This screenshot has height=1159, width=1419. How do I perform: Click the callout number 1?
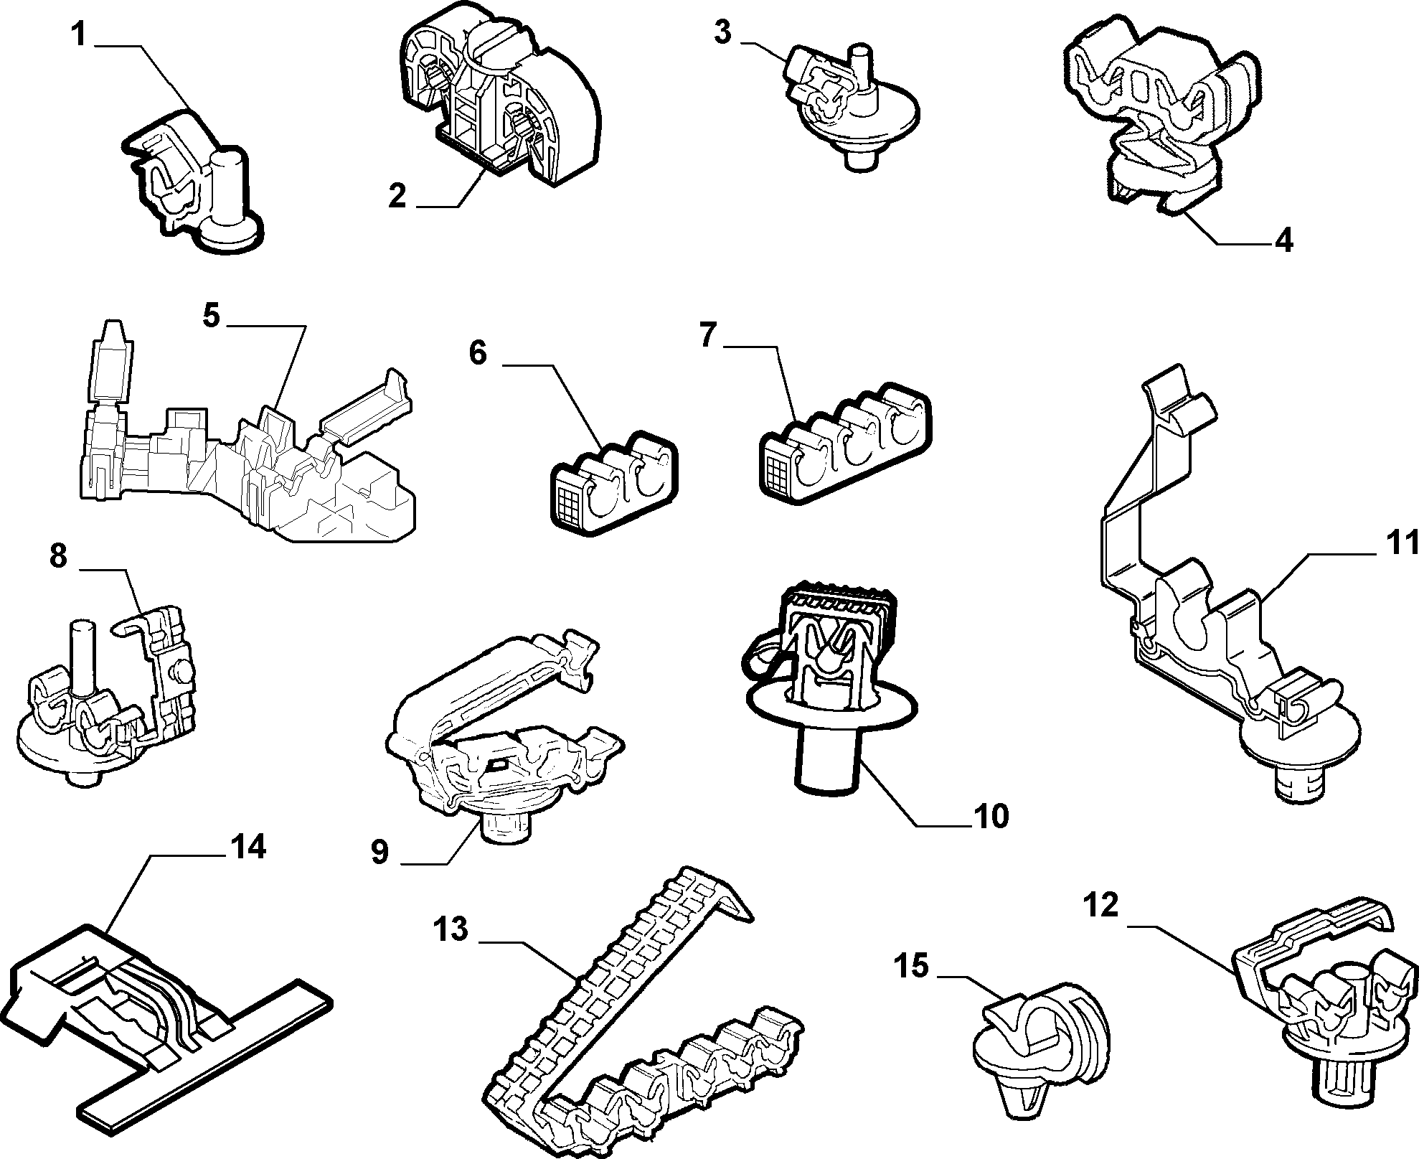[81, 36]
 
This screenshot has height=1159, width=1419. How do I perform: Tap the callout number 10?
[991, 816]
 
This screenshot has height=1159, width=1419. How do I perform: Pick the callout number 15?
[910, 967]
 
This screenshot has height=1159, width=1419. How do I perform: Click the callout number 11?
[1401, 544]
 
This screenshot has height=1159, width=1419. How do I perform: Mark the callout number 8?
[59, 556]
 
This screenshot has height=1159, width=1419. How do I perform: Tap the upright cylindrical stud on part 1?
[230, 190]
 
